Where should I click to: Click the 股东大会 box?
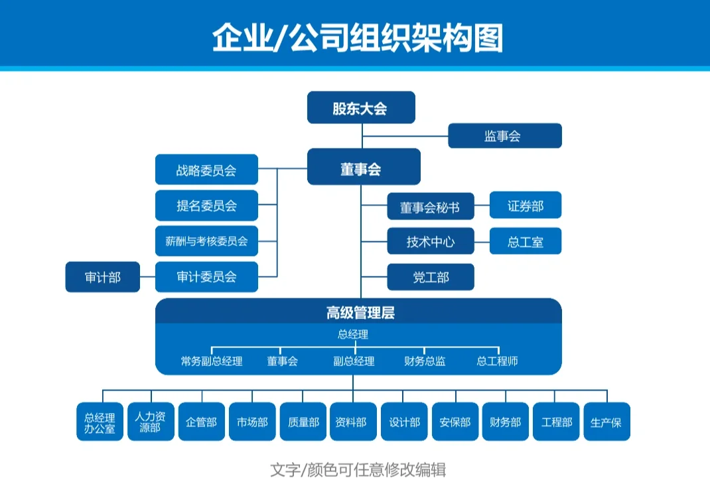[360, 107]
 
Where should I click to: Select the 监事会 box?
[504, 136]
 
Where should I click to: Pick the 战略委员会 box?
[206, 170]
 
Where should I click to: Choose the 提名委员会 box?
[206, 206]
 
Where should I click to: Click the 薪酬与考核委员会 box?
[206, 241]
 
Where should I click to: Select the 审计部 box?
[103, 277]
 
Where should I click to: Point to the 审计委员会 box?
[206, 277]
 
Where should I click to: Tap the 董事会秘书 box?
[430, 206]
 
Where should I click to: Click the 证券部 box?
[525, 206]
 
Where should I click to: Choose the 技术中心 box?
[430, 241]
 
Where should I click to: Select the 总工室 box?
[525, 241]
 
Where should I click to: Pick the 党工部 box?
[430, 277]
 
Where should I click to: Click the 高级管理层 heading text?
[360, 312]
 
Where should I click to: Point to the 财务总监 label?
[425, 361]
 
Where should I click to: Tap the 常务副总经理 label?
[212, 361]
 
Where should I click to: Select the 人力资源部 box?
[151, 422]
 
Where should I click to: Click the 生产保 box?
[606, 422]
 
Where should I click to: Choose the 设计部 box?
[404, 422]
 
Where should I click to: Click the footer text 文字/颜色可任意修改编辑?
[358, 470]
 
